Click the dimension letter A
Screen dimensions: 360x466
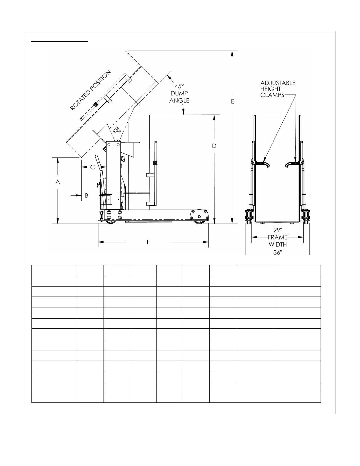tap(58, 182)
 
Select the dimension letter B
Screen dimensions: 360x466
tap(87, 196)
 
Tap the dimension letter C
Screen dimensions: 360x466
tap(92, 167)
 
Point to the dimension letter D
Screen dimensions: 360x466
tap(214, 146)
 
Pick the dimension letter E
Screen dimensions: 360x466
tap(233, 101)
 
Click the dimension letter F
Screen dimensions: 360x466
tap(148, 242)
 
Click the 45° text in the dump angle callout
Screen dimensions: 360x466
tap(179, 86)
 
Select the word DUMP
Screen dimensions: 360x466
tap(179, 93)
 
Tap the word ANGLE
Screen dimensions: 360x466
tap(179, 101)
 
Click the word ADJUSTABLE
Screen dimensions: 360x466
tap(278, 83)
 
